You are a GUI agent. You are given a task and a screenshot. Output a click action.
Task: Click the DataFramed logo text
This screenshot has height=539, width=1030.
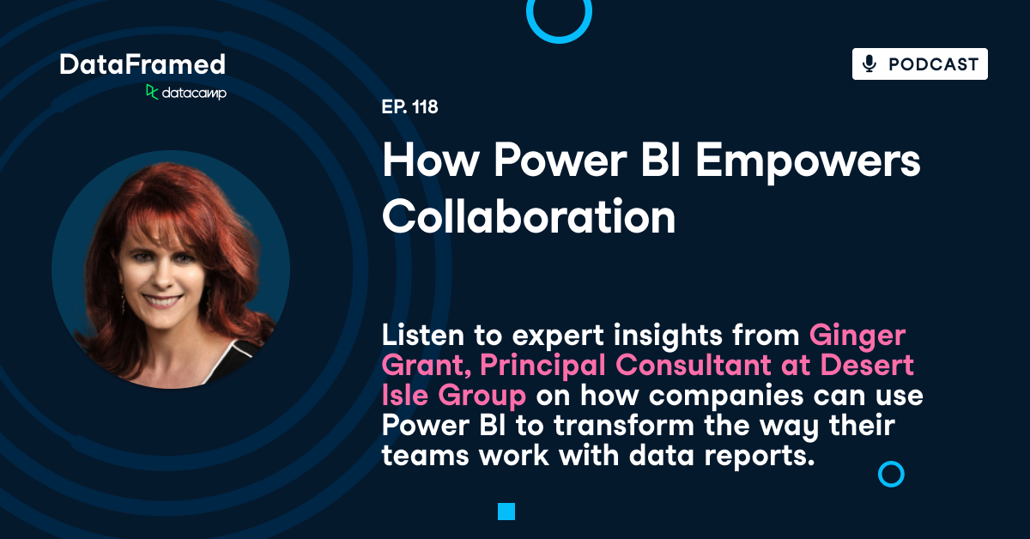tap(142, 64)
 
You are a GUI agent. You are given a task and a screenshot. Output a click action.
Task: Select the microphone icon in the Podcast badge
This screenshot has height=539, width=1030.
tap(869, 64)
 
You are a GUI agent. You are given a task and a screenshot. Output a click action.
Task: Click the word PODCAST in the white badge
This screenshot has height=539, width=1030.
tap(933, 64)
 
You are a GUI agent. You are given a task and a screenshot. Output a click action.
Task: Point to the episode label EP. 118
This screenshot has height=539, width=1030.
tap(410, 108)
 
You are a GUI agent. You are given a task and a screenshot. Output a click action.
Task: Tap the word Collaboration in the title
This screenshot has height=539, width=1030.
tap(529, 218)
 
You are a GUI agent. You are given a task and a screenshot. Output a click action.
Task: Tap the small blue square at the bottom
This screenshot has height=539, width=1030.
tap(506, 512)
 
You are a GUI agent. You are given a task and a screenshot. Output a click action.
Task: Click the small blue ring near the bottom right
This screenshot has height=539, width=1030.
tap(891, 474)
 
